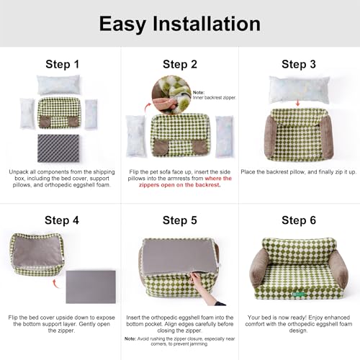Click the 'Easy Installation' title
click(x=179, y=24)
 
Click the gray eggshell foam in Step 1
click(x=60, y=150)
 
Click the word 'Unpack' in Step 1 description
click(x=19, y=172)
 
